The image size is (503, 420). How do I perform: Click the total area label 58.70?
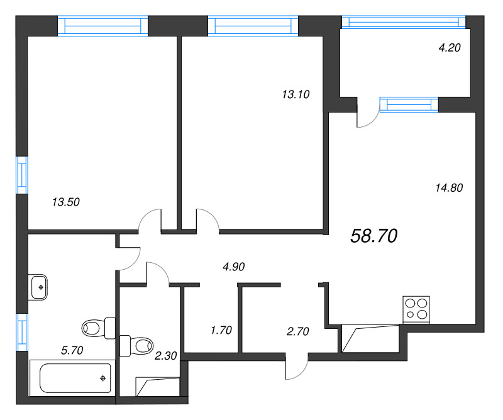point(374,236)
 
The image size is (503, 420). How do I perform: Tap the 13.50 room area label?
point(66,202)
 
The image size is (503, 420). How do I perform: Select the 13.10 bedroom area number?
point(296,94)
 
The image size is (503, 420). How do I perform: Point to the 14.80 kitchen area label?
point(449,188)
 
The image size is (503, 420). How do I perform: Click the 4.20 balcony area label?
point(450,48)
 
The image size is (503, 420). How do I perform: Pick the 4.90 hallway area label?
point(233,267)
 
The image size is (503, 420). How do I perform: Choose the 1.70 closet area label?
point(221,330)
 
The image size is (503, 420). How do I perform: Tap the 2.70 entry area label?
point(297,331)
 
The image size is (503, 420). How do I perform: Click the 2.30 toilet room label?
point(165,355)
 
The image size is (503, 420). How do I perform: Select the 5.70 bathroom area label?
point(72,350)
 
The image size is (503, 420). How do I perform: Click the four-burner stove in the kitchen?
point(416,309)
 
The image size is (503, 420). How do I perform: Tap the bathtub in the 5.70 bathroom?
point(72,378)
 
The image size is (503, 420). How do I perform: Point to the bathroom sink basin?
point(38,287)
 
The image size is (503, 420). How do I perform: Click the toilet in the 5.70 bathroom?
point(99,328)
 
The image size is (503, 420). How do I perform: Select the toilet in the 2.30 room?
point(136,346)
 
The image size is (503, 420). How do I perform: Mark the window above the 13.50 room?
point(102,26)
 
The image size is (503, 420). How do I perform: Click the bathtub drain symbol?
point(103,379)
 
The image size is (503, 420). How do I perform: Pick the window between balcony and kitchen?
point(409,104)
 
